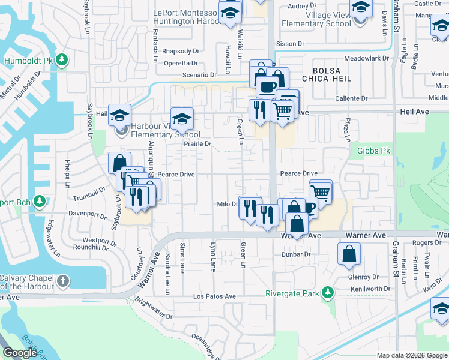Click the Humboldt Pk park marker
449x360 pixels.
(x=62, y=61)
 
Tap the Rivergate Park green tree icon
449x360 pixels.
(x=327, y=293)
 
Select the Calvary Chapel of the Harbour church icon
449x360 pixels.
(x=62, y=281)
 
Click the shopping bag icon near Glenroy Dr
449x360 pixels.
(x=349, y=254)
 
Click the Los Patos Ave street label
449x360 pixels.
(x=214, y=296)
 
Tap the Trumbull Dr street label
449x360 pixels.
(x=89, y=193)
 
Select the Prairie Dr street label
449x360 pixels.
(x=197, y=144)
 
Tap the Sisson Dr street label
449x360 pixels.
(x=290, y=44)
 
